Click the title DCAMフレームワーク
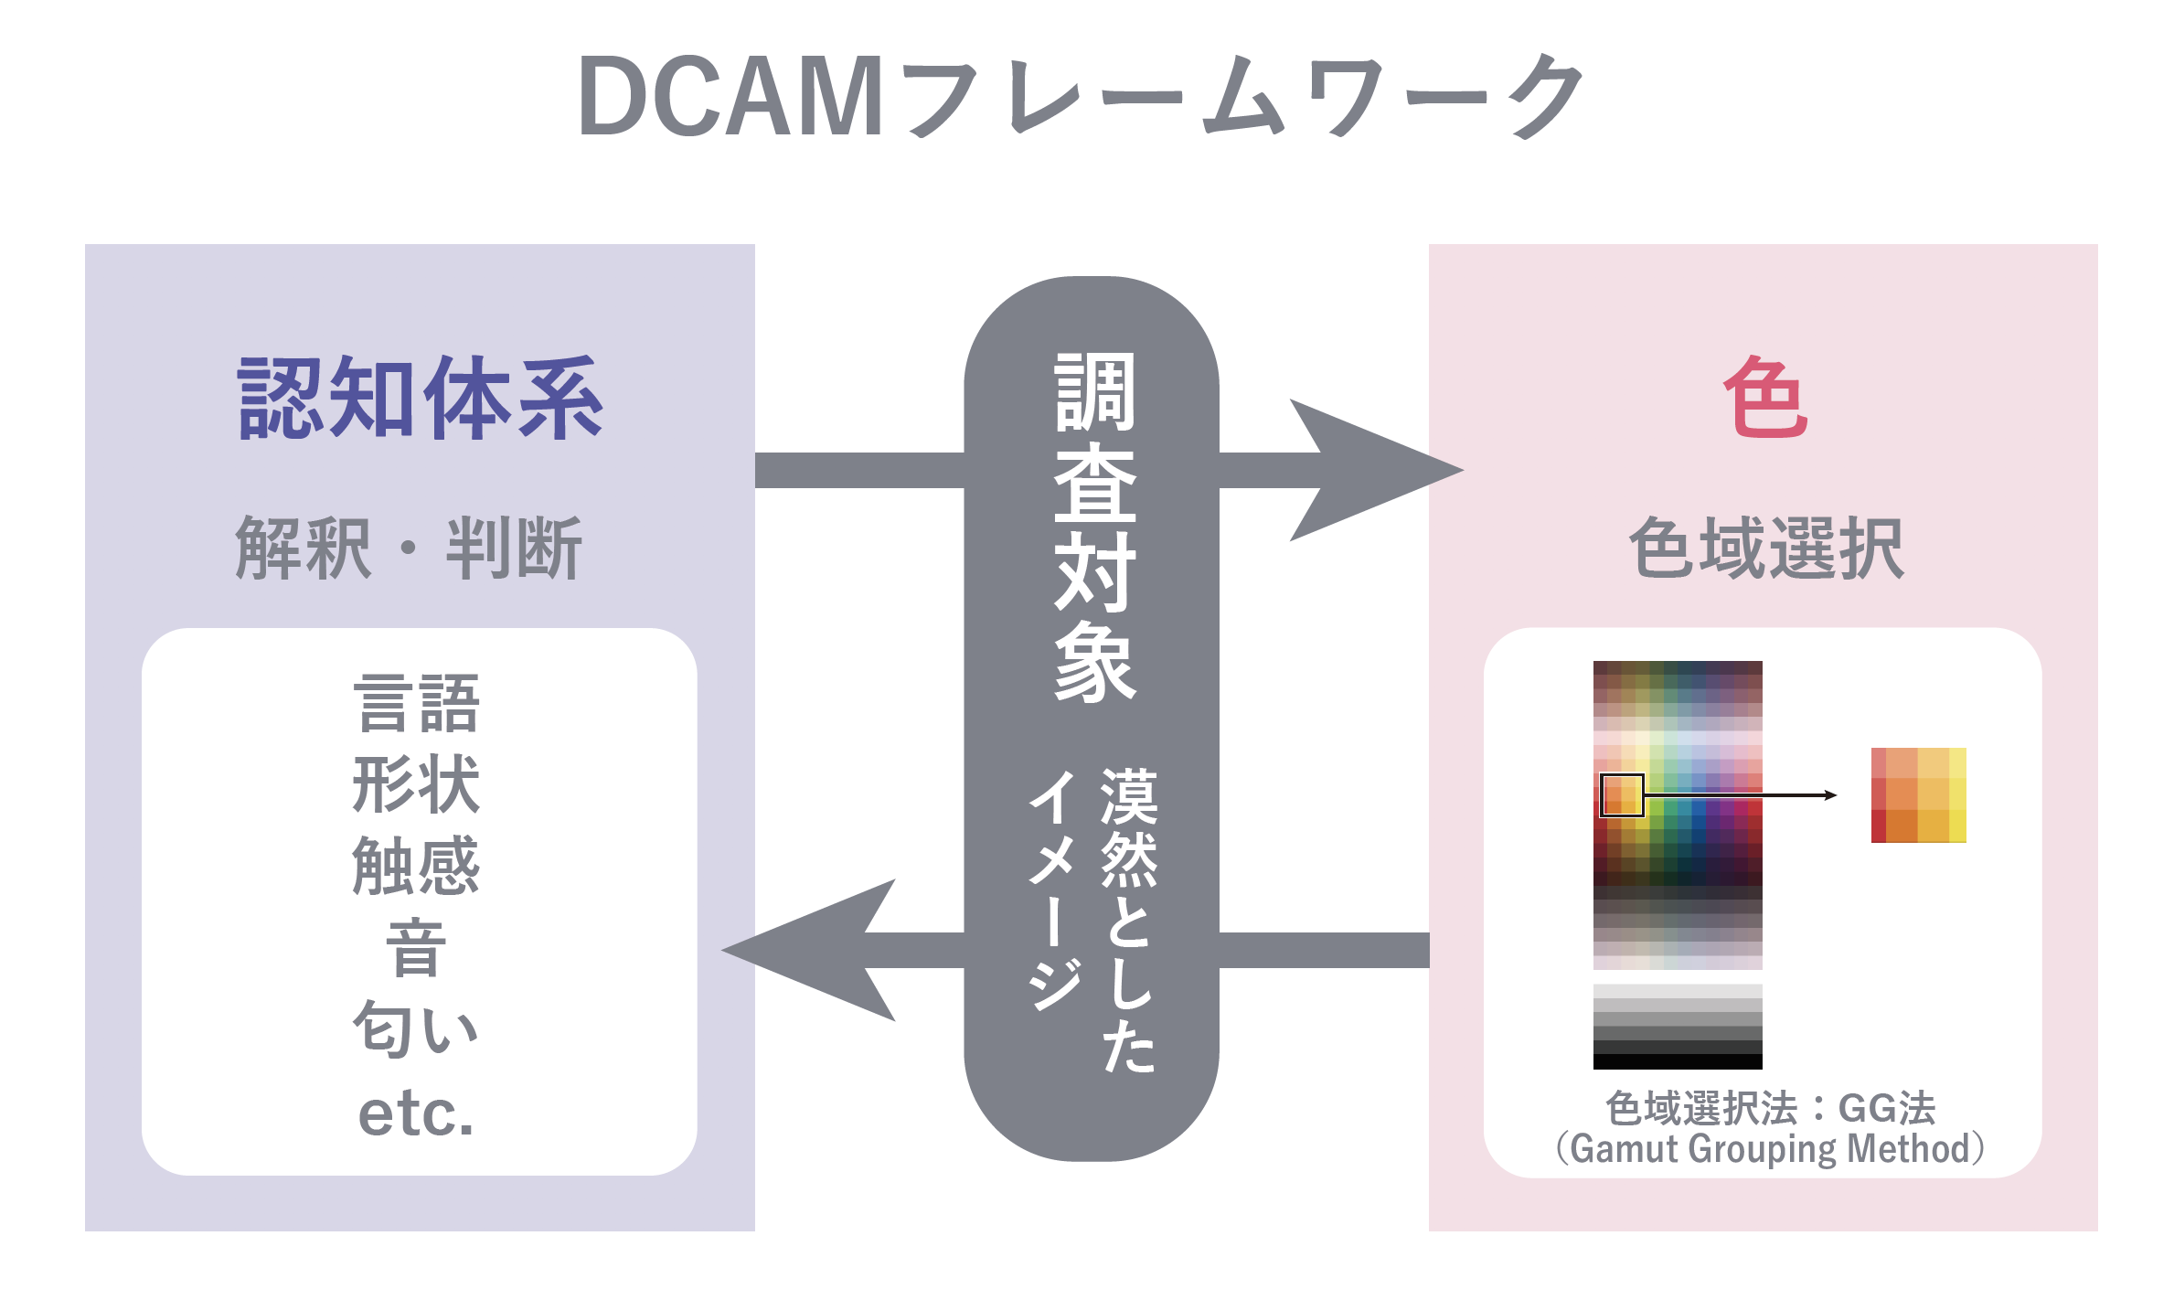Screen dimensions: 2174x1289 pos(1081,95)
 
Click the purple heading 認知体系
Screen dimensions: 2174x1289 pos(420,398)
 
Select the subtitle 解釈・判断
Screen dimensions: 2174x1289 pos(409,548)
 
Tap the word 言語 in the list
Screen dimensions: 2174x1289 pos(416,703)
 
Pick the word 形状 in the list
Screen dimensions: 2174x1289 pos(416,783)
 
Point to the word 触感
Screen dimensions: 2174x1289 pos(416,865)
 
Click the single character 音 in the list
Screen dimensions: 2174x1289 pos(416,947)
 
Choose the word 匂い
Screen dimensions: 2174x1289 pos(416,1028)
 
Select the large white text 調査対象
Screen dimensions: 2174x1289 pos(1094,527)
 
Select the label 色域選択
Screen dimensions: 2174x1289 pos(1766,548)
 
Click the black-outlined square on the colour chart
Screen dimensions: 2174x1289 pos(1622,795)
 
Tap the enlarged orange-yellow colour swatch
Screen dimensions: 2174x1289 pos(1918,794)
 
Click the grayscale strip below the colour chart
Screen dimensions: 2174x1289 pos(1678,1027)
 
